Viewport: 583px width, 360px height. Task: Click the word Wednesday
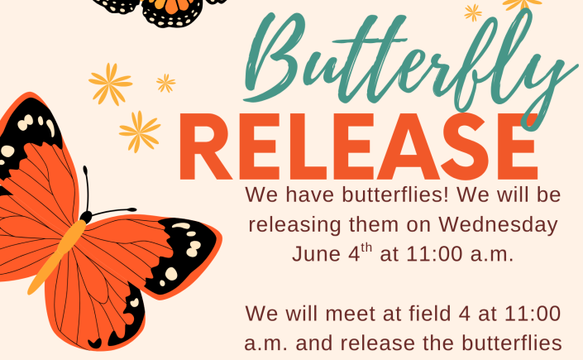(x=498, y=224)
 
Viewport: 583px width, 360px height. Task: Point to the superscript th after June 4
(x=366, y=247)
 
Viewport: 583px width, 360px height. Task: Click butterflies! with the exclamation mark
(x=395, y=194)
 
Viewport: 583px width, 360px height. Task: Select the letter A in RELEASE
(x=409, y=146)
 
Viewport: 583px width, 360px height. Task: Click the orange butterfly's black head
(x=86, y=216)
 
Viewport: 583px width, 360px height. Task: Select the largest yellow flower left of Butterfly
(x=111, y=84)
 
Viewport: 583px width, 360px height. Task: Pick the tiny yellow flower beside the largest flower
(x=166, y=84)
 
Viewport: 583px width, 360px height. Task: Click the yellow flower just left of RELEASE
(x=140, y=132)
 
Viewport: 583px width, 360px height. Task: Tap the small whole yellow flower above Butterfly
(x=473, y=13)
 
